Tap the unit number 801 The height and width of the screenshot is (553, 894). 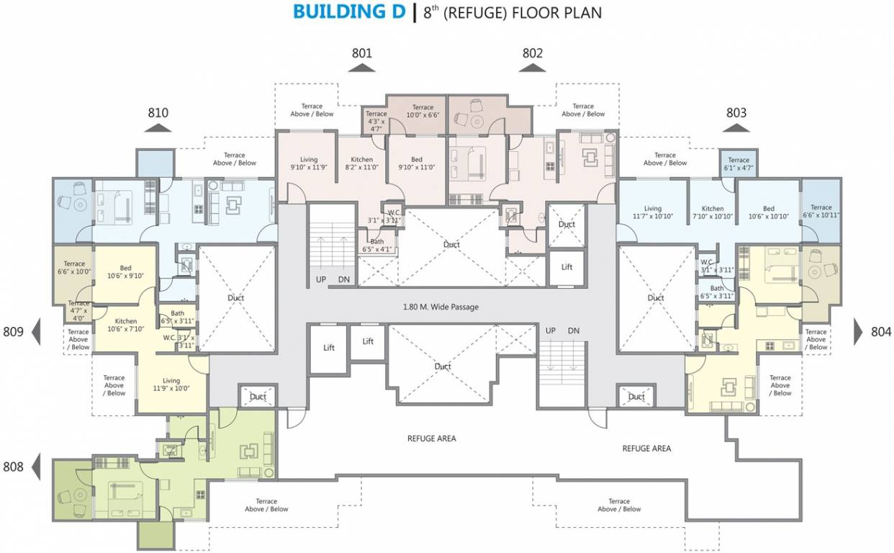pos(362,53)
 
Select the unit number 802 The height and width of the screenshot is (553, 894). pos(533,53)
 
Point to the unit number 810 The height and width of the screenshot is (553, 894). pos(158,113)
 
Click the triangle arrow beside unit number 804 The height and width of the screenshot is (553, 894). pos(859,331)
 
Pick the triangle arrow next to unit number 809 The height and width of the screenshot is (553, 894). pos(36,331)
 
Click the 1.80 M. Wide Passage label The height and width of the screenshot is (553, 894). pos(441,307)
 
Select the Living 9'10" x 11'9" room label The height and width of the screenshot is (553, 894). pos(309,163)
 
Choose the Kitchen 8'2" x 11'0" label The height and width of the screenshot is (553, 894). pos(361,163)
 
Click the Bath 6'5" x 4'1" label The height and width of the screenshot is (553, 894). pos(377,246)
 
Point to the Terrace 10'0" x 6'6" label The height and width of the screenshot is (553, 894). pos(423,112)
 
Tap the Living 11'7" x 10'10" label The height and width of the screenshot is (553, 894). pos(652,212)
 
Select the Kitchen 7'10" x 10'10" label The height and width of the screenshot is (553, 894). pos(713,212)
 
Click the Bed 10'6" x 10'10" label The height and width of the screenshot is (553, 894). pos(769,212)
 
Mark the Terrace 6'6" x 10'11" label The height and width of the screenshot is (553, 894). pos(821,211)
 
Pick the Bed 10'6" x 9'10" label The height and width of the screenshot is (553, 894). pos(126,271)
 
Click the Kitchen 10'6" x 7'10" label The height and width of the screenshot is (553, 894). pos(126,325)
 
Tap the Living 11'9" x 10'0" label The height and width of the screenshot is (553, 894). pos(171,385)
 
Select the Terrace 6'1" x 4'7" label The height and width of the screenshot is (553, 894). pos(739,164)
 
